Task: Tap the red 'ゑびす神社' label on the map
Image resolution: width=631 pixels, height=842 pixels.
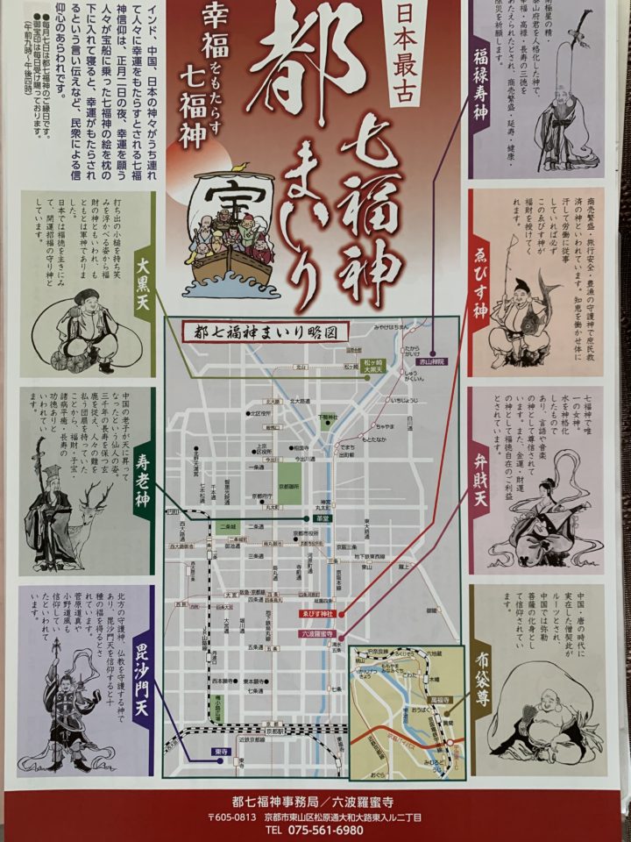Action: (x=320, y=614)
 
